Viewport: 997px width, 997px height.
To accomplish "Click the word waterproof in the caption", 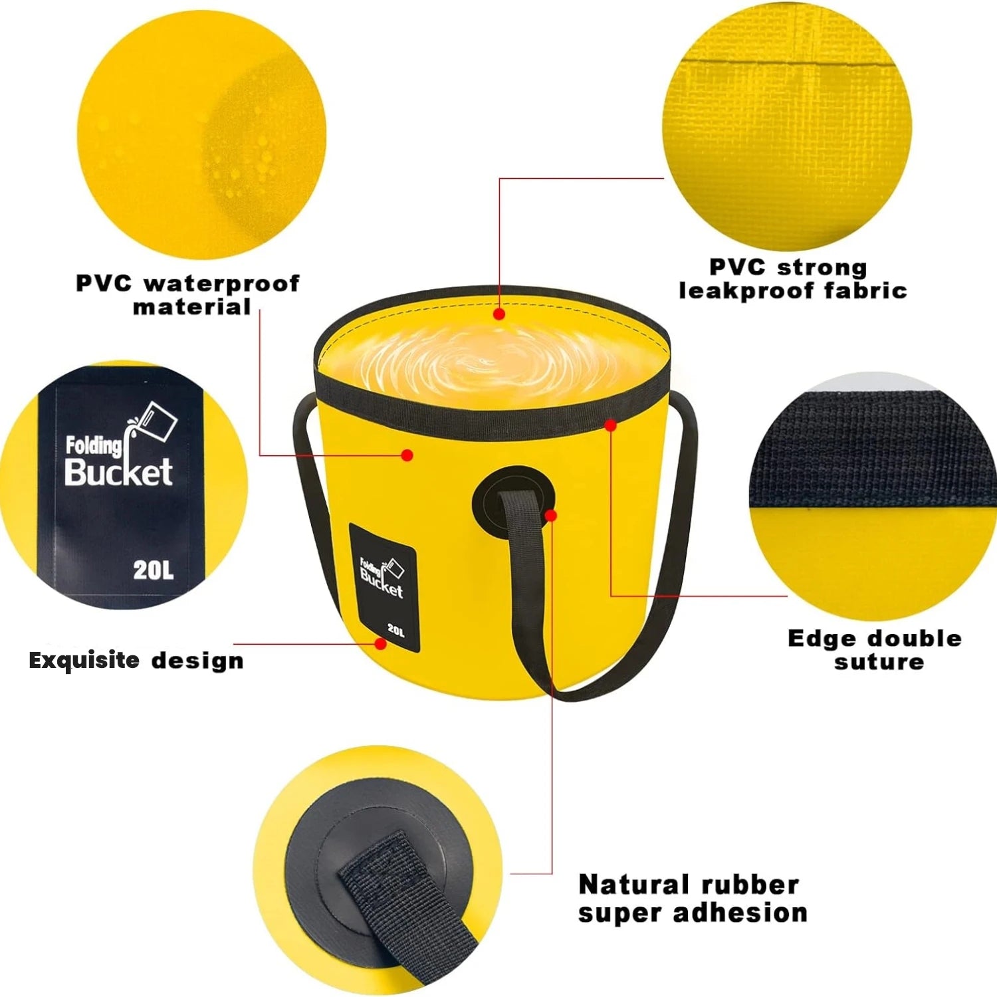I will tap(222, 284).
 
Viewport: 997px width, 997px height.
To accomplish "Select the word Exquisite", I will tap(84, 661).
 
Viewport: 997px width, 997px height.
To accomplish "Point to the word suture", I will tap(879, 662).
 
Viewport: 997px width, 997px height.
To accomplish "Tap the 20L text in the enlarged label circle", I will tap(154, 570).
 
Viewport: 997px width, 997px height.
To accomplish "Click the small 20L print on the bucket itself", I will tap(395, 630).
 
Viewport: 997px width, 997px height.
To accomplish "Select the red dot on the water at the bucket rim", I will tap(499, 314).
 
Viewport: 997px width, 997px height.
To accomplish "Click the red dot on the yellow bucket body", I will tap(408, 455).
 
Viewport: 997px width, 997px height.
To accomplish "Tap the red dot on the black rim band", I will tap(610, 425).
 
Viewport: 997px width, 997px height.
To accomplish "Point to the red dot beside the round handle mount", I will tap(550, 515).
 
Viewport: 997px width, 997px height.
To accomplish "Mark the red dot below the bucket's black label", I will tap(380, 644).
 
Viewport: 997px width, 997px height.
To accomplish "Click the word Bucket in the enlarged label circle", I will tap(118, 473).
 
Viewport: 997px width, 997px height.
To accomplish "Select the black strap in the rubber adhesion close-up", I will tap(405, 904).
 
